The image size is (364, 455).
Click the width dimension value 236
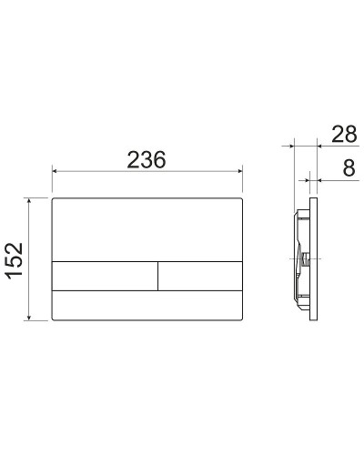click(x=146, y=159)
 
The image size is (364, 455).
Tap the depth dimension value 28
click(x=342, y=135)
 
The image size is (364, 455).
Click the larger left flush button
click(x=105, y=276)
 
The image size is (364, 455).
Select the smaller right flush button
click(x=201, y=276)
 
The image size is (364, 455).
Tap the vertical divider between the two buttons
click(x=158, y=276)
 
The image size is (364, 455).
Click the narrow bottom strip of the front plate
click(x=147, y=305)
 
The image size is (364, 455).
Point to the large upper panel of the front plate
click(x=147, y=228)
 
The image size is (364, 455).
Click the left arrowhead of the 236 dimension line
click(x=55, y=170)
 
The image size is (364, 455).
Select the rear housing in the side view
click(x=298, y=258)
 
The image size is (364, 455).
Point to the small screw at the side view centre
click(x=308, y=259)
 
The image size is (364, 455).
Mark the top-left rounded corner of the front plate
click(x=54, y=197)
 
